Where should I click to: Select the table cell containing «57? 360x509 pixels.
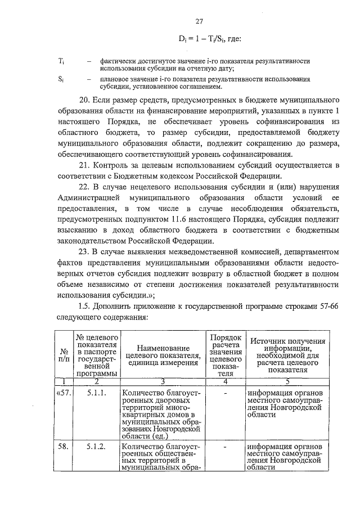[63, 391]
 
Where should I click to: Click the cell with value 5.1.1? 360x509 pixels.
[97, 391]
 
